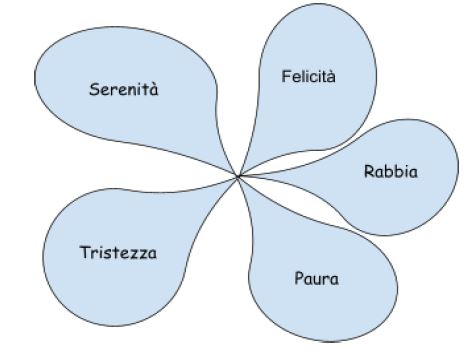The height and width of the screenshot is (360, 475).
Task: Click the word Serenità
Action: pyautogui.click(x=124, y=89)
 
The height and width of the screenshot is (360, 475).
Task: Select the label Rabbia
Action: pyautogui.click(x=390, y=171)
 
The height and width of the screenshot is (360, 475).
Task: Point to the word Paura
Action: pyautogui.click(x=316, y=277)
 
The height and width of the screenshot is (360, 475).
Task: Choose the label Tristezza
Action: pyautogui.click(x=118, y=250)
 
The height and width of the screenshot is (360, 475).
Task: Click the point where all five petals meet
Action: pyautogui.click(x=239, y=178)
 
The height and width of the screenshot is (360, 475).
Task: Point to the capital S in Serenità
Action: pyautogui.click(x=93, y=89)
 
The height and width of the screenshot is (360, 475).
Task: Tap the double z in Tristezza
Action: pyautogui.click(x=139, y=251)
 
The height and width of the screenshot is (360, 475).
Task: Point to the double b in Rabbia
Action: pyautogui.click(x=391, y=171)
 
